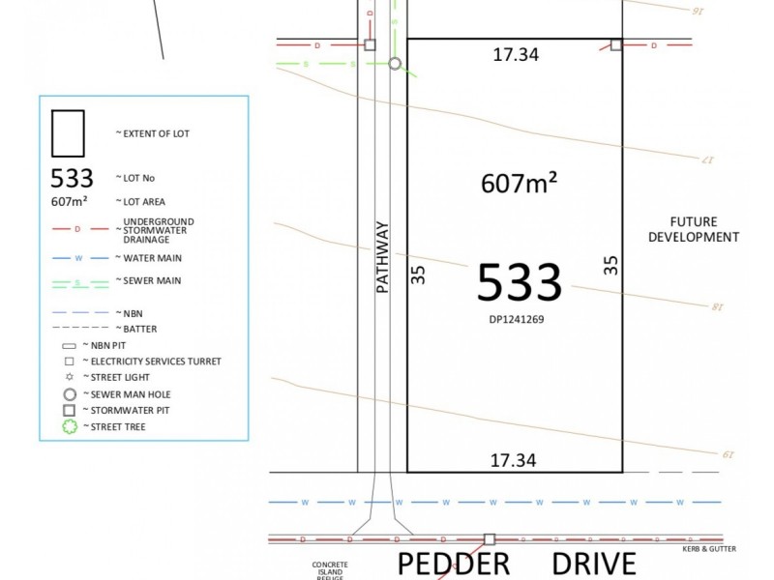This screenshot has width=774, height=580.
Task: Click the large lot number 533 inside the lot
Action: (x=520, y=282)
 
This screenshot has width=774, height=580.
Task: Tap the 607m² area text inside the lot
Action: (x=519, y=182)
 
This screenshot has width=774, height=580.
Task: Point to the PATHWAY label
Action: (x=382, y=257)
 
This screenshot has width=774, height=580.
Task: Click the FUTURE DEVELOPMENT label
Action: (x=693, y=229)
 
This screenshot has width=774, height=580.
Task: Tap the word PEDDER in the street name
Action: (x=454, y=564)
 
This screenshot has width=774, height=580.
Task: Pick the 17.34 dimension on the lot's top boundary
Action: (x=515, y=55)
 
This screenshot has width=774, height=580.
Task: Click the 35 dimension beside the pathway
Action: (x=418, y=275)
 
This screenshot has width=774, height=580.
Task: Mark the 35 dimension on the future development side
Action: (x=610, y=265)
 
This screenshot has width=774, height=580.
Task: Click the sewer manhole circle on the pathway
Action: (x=395, y=64)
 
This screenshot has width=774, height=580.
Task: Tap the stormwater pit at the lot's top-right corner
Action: (x=616, y=44)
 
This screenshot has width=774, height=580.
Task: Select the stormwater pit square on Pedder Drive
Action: (x=490, y=539)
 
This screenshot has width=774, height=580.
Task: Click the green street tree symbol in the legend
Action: (x=70, y=426)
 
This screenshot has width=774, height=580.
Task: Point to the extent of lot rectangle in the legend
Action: (x=68, y=132)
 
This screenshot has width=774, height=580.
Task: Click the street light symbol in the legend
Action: (x=69, y=377)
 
